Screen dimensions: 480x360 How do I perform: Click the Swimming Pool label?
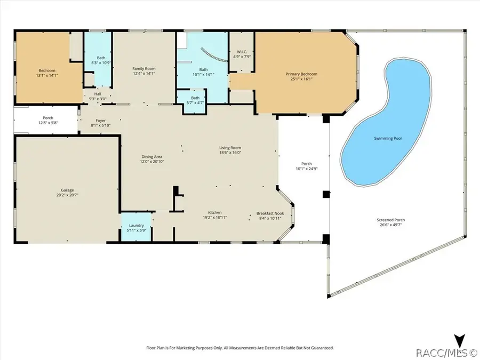click(388, 138)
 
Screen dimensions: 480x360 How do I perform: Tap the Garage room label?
click(67, 190)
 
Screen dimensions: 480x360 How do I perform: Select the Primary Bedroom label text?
click(301, 74)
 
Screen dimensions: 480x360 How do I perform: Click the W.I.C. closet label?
click(242, 52)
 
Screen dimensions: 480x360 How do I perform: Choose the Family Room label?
click(144, 69)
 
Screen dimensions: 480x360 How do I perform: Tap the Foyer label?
click(100, 121)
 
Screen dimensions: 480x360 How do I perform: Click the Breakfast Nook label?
click(270, 213)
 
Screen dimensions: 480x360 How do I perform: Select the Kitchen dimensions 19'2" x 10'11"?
click(214, 218)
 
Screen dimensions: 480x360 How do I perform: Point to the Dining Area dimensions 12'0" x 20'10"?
click(152, 161)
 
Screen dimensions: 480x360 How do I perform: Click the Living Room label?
click(230, 148)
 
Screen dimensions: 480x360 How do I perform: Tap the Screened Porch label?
click(390, 220)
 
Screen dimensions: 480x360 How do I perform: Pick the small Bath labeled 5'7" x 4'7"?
click(195, 100)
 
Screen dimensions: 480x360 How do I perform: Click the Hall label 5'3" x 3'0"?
click(98, 97)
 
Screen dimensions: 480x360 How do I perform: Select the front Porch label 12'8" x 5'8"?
click(48, 121)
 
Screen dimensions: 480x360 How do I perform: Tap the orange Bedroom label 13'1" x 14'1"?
click(47, 73)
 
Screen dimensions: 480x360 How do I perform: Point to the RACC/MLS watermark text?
click(446, 353)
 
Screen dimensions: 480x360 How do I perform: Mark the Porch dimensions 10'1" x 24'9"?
click(307, 169)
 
